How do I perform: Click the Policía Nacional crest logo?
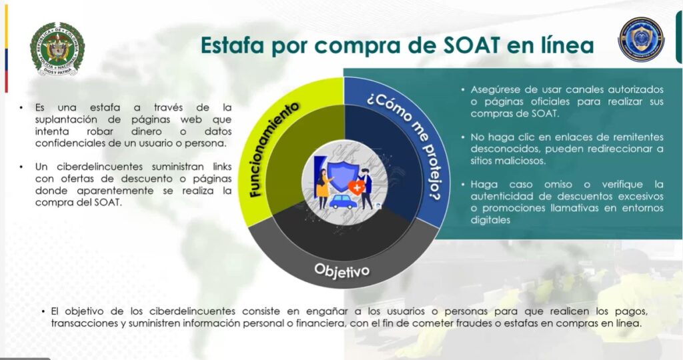[x=57, y=49]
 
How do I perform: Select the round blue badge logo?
[x=641, y=39]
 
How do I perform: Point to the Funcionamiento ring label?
[x=274, y=149]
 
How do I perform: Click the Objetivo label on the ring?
[x=342, y=270]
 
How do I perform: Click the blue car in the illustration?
[x=343, y=202]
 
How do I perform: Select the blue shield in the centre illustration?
[x=342, y=177]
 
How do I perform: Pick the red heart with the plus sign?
[x=356, y=187]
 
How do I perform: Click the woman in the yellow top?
[x=323, y=188]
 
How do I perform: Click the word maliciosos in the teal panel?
[x=517, y=161]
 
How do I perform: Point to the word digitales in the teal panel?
[x=490, y=220]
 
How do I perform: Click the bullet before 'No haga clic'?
[x=463, y=137]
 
